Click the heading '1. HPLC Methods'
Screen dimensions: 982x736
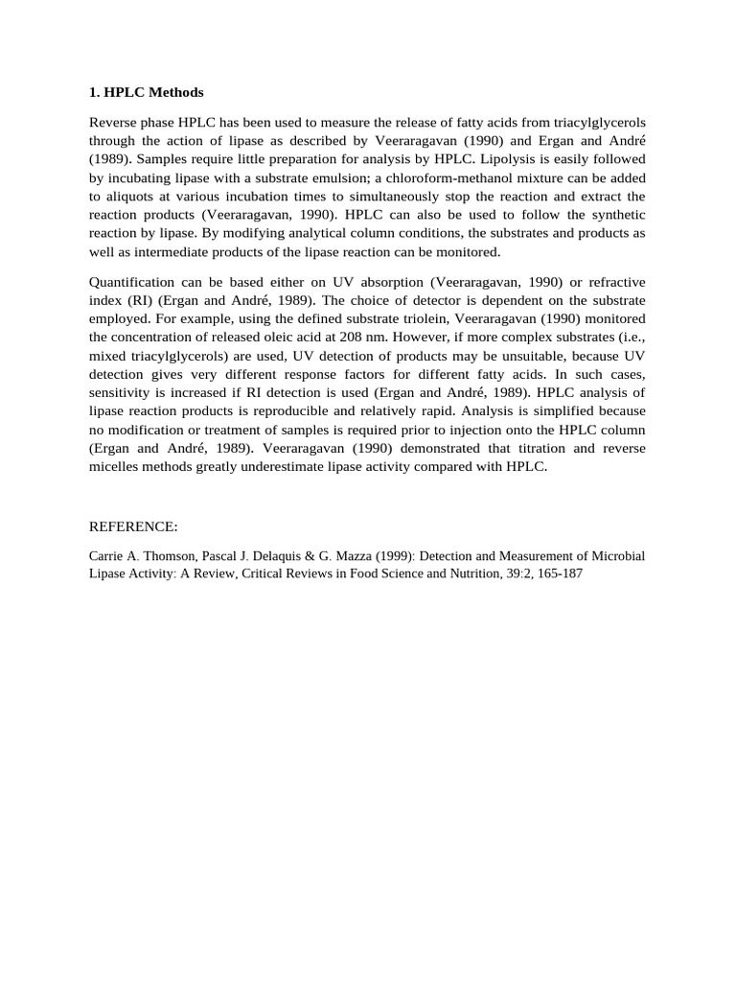pos(147,93)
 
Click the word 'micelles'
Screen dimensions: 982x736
pos(114,467)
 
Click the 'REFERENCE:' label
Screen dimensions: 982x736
pos(133,527)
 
